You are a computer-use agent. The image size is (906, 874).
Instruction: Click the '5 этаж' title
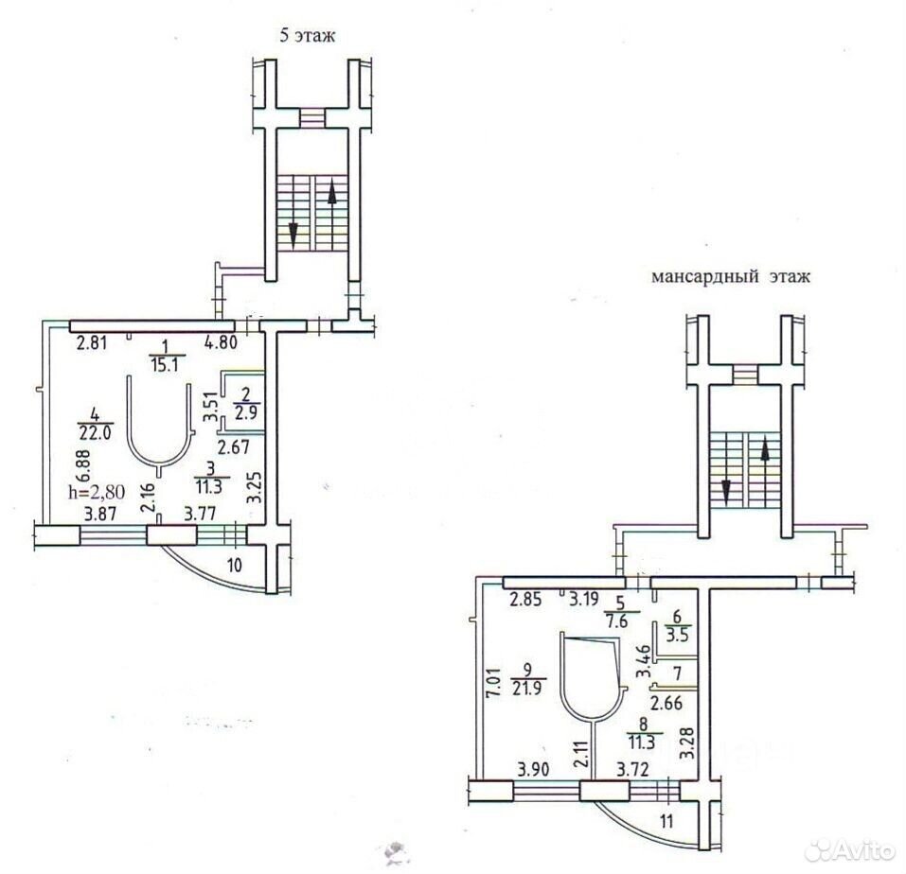click(x=308, y=36)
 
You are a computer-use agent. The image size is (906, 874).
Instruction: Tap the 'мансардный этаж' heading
click(x=731, y=276)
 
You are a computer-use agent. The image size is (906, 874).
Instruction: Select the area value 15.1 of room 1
click(x=165, y=365)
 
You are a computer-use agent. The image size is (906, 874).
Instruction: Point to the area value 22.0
click(x=95, y=432)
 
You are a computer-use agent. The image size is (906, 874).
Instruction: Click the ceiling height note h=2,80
click(x=97, y=492)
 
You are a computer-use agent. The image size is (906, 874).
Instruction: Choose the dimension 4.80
click(x=221, y=342)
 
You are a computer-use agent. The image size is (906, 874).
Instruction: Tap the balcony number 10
click(x=234, y=565)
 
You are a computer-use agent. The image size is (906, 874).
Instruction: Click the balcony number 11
click(x=666, y=821)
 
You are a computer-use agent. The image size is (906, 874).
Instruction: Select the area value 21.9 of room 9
click(x=526, y=688)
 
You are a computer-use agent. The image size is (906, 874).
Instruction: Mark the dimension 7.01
click(x=493, y=684)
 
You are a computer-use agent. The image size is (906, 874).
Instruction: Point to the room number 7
click(x=677, y=673)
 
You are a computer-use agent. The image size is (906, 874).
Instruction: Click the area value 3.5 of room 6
click(x=678, y=636)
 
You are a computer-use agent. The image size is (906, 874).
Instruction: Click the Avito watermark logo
click(x=851, y=850)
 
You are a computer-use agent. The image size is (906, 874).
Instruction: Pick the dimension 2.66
click(x=666, y=703)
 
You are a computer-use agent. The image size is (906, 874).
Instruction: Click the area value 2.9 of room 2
click(x=246, y=412)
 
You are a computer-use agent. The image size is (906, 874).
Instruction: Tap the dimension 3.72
click(x=634, y=770)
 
